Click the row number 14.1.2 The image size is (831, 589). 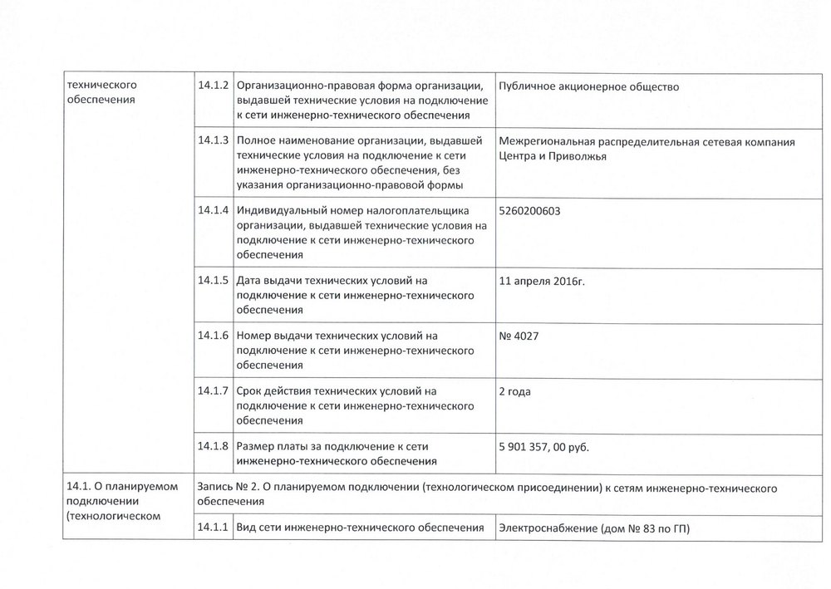[214, 86]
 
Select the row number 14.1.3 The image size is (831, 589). [214, 142]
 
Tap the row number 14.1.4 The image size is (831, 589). [214, 211]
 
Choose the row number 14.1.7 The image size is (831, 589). [214, 391]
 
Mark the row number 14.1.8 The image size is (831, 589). [214, 446]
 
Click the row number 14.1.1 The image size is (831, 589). [214, 528]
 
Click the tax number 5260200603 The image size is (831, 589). [529, 211]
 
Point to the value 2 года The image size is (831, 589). [515, 391]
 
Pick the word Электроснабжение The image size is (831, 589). [548, 528]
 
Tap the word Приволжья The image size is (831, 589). [578, 156]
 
